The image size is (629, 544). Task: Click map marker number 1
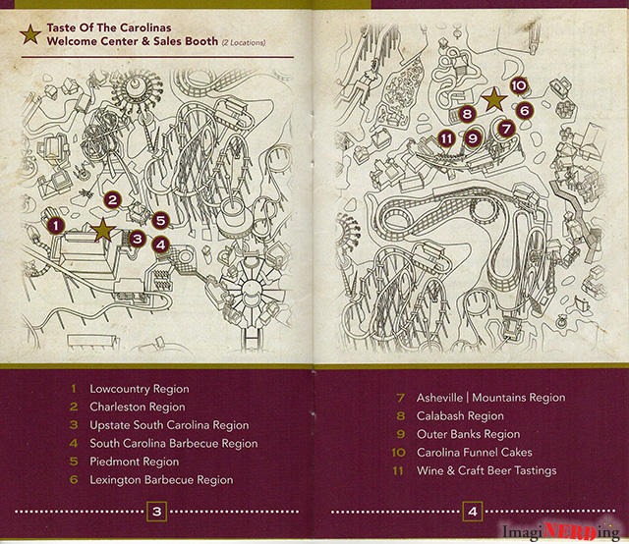coord(56,226)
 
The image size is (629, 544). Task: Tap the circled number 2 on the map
coord(112,200)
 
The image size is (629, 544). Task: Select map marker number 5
coord(160,221)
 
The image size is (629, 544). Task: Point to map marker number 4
coord(161,245)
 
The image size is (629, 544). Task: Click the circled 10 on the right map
coord(519,85)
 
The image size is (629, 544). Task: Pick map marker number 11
coord(447,138)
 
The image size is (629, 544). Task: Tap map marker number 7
coord(506,129)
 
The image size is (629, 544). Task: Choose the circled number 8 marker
coord(467,114)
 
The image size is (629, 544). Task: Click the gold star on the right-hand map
coord(494,99)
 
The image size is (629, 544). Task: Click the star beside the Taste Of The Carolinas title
coord(30,34)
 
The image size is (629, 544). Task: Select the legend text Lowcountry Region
coord(140,389)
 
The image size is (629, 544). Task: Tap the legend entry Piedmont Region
coord(135,462)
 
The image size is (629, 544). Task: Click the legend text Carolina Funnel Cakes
coord(475,453)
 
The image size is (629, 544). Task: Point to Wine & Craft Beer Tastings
coord(486,470)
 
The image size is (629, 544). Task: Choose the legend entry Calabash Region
coord(460,416)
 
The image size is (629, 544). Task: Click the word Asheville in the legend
coord(439,398)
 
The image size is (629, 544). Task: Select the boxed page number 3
coord(157,512)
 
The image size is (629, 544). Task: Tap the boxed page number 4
coord(473,512)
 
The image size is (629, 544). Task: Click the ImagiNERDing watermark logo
coord(561,531)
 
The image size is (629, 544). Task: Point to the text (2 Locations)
coord(244,42)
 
